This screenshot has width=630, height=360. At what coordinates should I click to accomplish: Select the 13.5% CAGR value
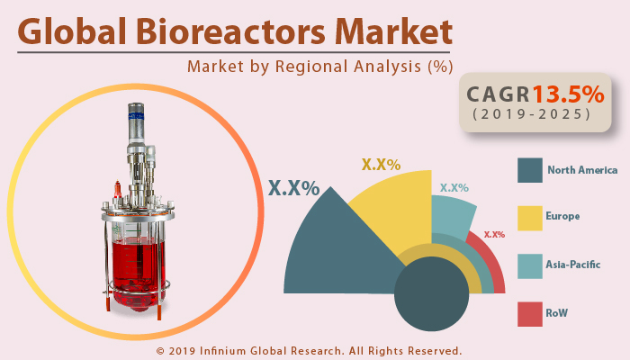point(568,94)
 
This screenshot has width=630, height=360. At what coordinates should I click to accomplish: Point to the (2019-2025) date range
point(530,115)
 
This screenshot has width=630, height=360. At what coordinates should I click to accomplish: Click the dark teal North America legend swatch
point(529,169)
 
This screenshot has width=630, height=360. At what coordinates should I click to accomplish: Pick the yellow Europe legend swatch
point(529,217)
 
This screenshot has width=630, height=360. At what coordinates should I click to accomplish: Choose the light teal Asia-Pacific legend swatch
point(529,265)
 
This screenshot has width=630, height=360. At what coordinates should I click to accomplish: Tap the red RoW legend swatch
point(529,312)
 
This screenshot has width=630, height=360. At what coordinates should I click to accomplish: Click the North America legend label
point(582,169)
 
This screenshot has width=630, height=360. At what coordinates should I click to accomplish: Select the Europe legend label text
point(562,217)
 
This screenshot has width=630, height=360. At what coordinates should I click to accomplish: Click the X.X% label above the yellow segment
point(381,165)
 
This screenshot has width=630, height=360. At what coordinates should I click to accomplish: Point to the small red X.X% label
point(494,235)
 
